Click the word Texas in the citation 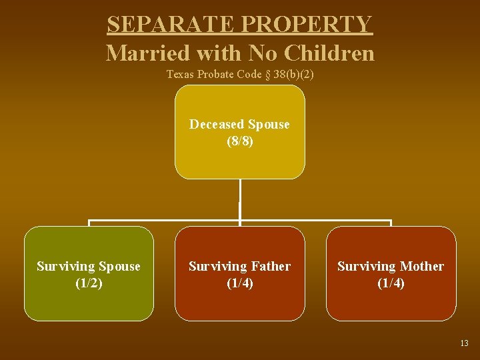(180, 74)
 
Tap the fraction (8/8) (239, 141)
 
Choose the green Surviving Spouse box (89, 300)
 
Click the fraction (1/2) (89, 283)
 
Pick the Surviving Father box (239, 300)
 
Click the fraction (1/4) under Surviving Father (239, 283)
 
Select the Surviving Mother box (391, 300)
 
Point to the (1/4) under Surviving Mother (391, 283)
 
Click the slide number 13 (464, 343)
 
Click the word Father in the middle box (270, 267)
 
